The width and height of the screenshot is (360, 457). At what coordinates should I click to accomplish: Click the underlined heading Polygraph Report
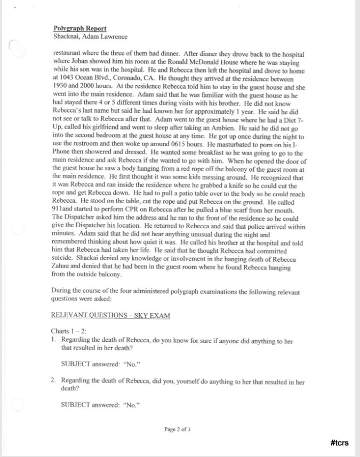coord(79,28)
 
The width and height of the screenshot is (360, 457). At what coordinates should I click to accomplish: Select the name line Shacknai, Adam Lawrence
coord(90,36)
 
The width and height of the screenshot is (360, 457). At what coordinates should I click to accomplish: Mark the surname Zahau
coord(65,267)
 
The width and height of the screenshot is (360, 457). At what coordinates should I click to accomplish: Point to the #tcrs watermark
coord(340,443)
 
